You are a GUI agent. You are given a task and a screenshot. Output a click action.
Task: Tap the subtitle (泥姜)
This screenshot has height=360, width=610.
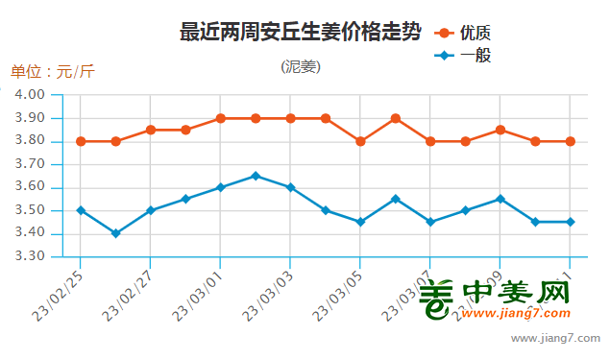click(301, 67)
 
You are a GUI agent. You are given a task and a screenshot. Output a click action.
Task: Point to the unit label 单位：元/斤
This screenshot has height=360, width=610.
click(53, 72)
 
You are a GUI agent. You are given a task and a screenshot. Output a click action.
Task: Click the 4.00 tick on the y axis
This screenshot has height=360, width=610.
click(31, 95)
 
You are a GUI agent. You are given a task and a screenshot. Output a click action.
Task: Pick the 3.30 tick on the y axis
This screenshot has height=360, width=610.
click(31, 257)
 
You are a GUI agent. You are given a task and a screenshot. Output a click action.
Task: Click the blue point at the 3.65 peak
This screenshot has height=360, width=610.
click(256, 176)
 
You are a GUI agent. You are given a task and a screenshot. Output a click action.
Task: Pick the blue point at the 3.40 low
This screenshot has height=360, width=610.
click(115, 233)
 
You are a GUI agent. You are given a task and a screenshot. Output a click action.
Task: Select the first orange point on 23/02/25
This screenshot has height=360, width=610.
click(81, 141)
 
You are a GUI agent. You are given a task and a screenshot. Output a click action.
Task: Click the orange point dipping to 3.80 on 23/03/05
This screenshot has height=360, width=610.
click(360, 141)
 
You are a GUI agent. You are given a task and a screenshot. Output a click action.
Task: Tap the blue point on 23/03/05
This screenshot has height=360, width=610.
click(360, 222)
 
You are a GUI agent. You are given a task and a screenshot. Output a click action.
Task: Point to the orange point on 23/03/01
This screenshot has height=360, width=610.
click(220, 118)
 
